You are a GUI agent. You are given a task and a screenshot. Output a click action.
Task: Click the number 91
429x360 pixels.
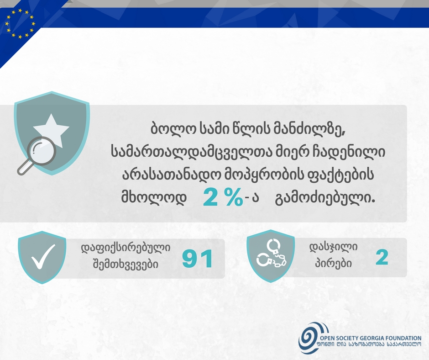coord(198,259)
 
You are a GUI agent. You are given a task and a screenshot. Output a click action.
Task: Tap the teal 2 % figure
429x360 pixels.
coord(223,197)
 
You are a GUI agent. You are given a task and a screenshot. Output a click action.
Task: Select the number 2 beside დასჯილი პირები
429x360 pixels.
coord(382,258)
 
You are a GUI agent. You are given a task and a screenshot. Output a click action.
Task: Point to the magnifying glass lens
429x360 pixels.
coord(42,150)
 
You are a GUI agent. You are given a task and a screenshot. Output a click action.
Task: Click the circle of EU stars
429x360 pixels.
coord(20,23)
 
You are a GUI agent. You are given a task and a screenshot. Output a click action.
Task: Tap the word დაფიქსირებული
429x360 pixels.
coord(126,248)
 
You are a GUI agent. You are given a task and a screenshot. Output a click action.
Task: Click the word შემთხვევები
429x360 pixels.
coord(126,265)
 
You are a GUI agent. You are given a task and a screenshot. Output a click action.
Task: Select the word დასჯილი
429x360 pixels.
coord(334,248)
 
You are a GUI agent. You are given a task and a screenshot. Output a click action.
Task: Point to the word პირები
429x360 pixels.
coord(333,263)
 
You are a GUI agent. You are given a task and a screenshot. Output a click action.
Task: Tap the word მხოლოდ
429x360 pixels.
coord(154,197)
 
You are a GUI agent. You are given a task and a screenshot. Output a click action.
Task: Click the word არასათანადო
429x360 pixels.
coord(171,175)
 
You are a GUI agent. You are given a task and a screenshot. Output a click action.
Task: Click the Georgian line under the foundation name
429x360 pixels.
coord(369,344)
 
